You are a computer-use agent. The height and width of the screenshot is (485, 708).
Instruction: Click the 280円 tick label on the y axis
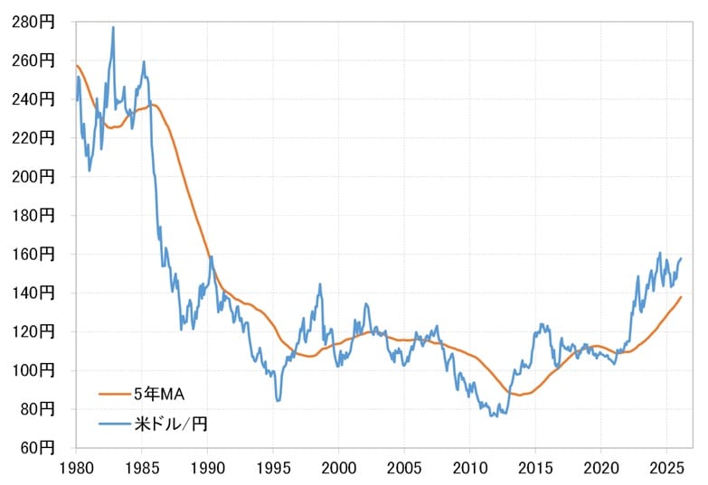33,22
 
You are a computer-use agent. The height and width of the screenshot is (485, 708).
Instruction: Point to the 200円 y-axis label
33,177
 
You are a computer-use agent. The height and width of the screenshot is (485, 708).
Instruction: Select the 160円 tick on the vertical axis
33,255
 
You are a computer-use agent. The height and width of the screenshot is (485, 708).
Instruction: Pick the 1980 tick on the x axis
76,469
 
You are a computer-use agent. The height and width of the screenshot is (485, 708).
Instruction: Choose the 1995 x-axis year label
273,469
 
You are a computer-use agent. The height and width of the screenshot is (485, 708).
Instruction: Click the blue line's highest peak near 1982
113,27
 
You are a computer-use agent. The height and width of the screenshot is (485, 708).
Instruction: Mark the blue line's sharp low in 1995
278,400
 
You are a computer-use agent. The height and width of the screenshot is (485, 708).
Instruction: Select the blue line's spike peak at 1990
211,256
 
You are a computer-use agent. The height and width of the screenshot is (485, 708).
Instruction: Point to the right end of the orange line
681,297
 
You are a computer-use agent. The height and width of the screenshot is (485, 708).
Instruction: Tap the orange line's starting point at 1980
76,65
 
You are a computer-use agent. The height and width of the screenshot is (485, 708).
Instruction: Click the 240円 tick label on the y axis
33,99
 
